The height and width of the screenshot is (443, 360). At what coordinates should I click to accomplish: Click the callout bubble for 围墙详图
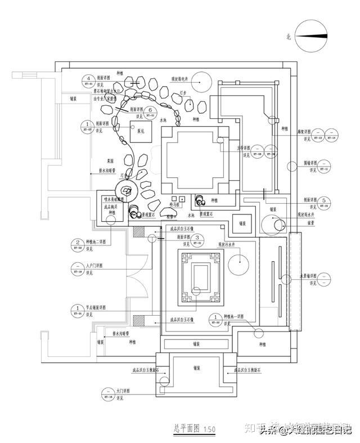click(x=325, y=165)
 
